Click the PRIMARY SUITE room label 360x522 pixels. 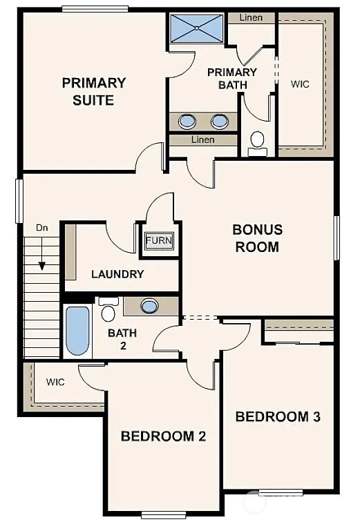[x=94, y=91]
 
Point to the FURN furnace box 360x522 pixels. [x=159, y=241]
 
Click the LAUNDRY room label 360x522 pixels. [x=117, y=274]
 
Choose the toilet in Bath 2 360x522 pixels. [x=108, y=310]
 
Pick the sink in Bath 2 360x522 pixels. [x=150, y=305]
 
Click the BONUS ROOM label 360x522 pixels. [x=257, y=238]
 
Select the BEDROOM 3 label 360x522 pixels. [x=278, y=416]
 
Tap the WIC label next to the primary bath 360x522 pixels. [x=300, y=84]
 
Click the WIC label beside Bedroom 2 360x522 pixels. [x=55, y=382]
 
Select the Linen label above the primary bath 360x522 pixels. [x=251, y=17]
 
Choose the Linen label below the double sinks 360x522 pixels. [x=202, y=140]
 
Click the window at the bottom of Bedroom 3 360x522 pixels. [x=279, y=492]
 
